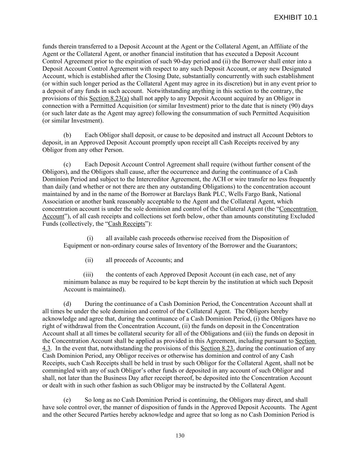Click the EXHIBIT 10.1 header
(296, 18)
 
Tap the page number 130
(180, 436)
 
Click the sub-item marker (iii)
(88, 274)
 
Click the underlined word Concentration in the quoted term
(298, 209)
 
